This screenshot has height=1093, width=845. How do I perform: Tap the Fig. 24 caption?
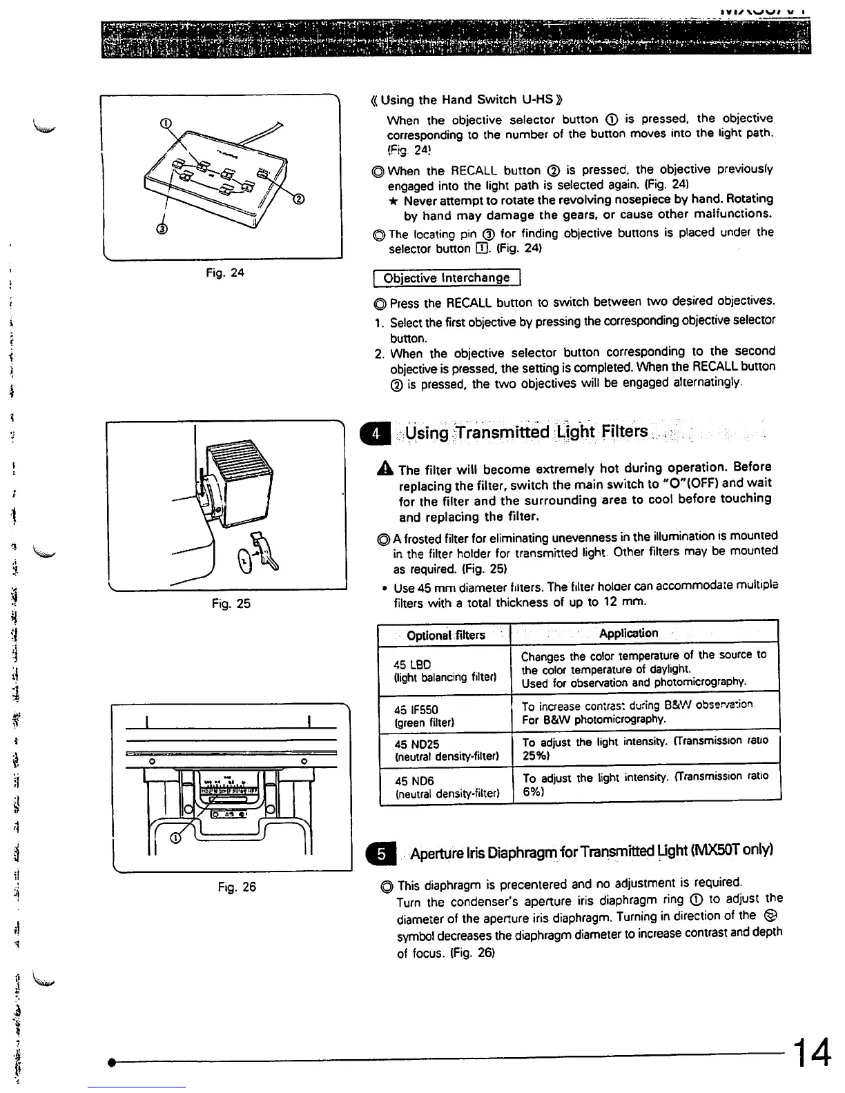225,273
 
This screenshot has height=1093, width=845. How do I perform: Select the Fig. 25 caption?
231,604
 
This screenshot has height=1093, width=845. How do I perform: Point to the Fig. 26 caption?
237,887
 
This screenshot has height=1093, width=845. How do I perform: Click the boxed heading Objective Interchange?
446,277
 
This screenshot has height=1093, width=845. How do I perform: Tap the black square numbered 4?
376,434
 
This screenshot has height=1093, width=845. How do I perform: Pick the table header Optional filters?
445,635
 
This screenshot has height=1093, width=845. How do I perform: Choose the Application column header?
628,633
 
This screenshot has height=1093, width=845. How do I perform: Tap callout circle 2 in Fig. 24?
298,200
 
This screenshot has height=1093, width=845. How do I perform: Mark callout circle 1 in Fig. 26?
175,838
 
